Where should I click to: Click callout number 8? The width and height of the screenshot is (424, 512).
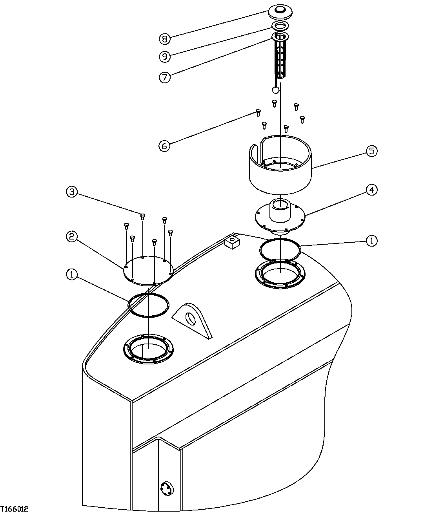[x=165, y=38]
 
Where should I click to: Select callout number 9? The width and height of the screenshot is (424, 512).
[x=165, y=57]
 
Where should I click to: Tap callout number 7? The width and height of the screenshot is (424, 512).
[x=165, y=77]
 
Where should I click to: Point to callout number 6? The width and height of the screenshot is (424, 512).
[x=164, y=146]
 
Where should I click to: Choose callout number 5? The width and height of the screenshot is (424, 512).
[x=371, y=151]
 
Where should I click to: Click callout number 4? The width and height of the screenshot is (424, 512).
[x=371, y=190]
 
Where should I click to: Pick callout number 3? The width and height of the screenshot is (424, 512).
[x=71, y=192]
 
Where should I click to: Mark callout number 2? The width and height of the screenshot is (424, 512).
[x=71, y=236]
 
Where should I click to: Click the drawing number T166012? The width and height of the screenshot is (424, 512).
[x=15, y=508]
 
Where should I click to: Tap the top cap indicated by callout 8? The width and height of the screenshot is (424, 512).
[x=281, y=11]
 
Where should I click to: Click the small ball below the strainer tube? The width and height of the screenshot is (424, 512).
[x=276, y=90]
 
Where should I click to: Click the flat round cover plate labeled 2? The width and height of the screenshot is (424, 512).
[x=148, y=270]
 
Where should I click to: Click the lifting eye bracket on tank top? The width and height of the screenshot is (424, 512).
[x=193, y=318]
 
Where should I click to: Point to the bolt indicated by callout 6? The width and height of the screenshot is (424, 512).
[x=258, y=113]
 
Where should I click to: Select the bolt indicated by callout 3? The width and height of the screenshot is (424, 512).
[x=143, y=216]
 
